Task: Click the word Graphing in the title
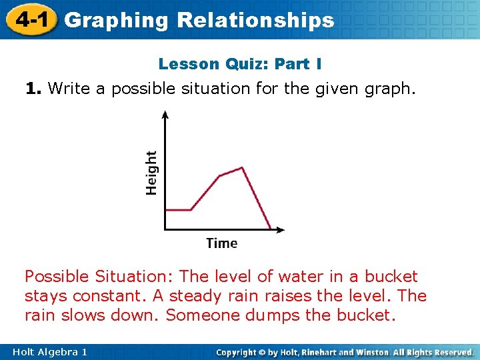click(117, 21)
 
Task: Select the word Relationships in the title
click(255, 21)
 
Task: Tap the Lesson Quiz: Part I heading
click(240, 64)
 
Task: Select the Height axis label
click(152, 172)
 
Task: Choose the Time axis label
click(222, 243)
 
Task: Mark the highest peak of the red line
click(242, 167)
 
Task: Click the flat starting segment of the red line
click(179, 210)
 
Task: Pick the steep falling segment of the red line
click(257, 199)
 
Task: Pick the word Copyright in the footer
click(239, 351)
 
